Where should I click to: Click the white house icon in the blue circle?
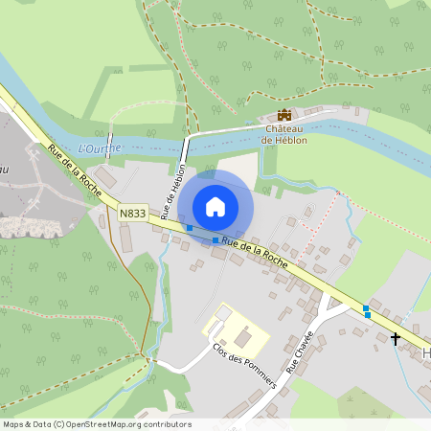(x=215, y=206)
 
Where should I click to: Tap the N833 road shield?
(x=132, y=213)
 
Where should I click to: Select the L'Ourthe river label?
(x=99, y=147)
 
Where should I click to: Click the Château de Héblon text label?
(x=284, y=134)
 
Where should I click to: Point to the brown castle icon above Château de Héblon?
(x=284, y=114)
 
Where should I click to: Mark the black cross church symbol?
(x=395, y=338)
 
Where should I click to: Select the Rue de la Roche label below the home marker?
(x=255, y=253)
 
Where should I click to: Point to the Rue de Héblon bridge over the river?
(x=184, y=148)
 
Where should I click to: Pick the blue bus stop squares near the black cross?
(x=367, y=311)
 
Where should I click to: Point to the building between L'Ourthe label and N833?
(x=107, y=178)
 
